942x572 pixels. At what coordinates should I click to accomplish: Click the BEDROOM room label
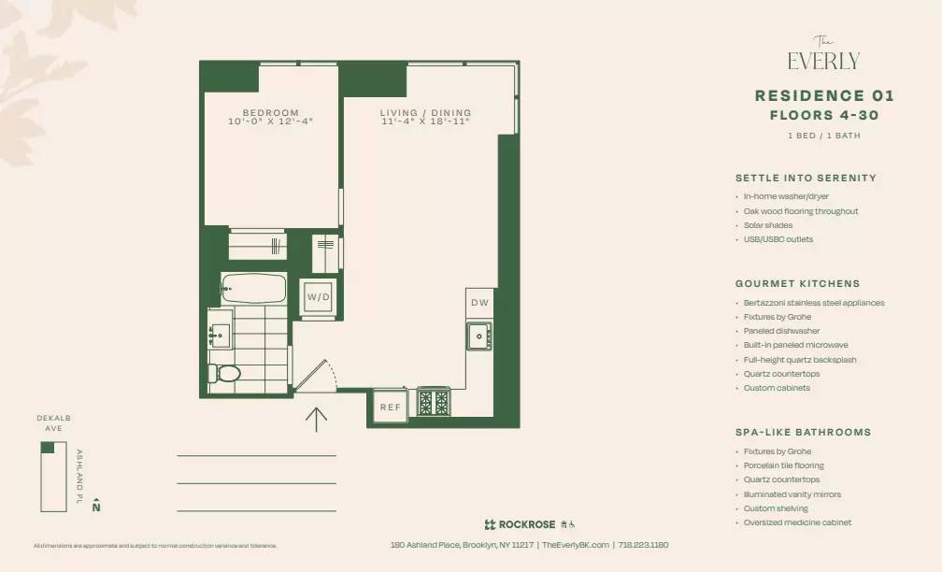point(271,113)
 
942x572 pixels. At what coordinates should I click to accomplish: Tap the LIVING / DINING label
point(425,113)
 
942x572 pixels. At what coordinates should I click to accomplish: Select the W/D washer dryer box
point(318,297)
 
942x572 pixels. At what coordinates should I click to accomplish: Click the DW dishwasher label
point(479,303)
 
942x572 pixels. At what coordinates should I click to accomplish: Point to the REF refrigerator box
point(389,407)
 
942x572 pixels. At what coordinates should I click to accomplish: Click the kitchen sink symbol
point(479,336)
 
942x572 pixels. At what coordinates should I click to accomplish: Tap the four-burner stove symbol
point(433,403)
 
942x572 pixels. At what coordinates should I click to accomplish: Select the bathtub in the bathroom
point(253,288)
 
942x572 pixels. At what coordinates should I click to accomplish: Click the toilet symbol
point(226,374)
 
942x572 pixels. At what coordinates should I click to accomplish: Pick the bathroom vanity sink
point(221,335)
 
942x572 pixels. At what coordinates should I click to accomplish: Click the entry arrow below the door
point(316,419)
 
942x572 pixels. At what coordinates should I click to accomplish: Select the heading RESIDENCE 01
point(824,95)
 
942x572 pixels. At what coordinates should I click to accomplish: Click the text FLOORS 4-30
point(824,116)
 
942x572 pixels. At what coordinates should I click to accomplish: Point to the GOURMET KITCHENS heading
point(797,283)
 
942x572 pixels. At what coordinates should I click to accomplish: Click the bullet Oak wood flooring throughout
point(801,211)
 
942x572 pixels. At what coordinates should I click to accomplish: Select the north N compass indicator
point(96,508)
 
